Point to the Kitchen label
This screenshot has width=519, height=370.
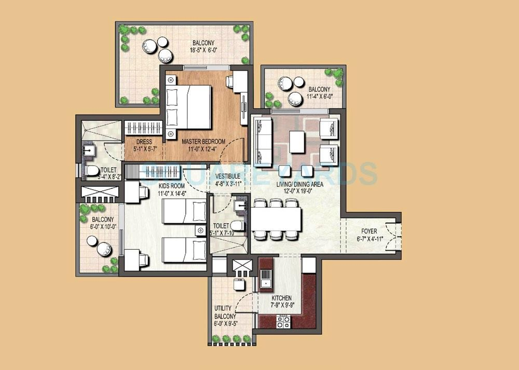281,298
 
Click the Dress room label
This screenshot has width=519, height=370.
143,142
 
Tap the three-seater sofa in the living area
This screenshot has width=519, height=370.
262,139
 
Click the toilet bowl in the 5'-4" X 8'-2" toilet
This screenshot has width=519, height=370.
91,170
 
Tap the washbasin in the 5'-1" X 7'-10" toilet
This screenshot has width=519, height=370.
239,205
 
